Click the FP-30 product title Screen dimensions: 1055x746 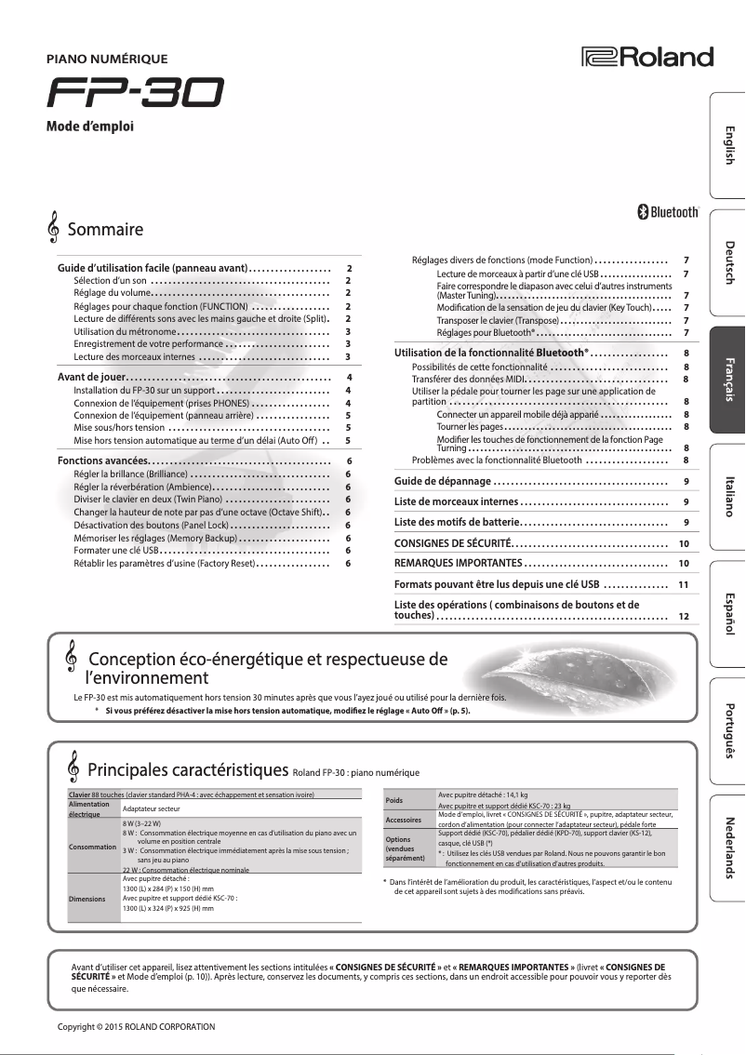[136, 93]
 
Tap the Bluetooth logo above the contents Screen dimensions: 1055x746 [667, 212]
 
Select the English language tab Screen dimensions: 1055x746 [728, 144]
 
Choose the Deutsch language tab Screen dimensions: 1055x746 [728, 262]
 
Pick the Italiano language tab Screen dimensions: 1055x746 [728, 497]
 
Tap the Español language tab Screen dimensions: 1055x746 [728, 613]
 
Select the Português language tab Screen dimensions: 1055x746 [728, 731]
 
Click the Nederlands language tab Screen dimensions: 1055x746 [728, 848]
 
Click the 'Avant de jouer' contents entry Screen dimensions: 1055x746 [92, 377]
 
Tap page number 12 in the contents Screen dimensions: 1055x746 [684, 616]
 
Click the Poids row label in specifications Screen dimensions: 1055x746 [393, 799]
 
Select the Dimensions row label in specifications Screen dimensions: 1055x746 [87, 900]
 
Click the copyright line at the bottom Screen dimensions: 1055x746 [136, 1026]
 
